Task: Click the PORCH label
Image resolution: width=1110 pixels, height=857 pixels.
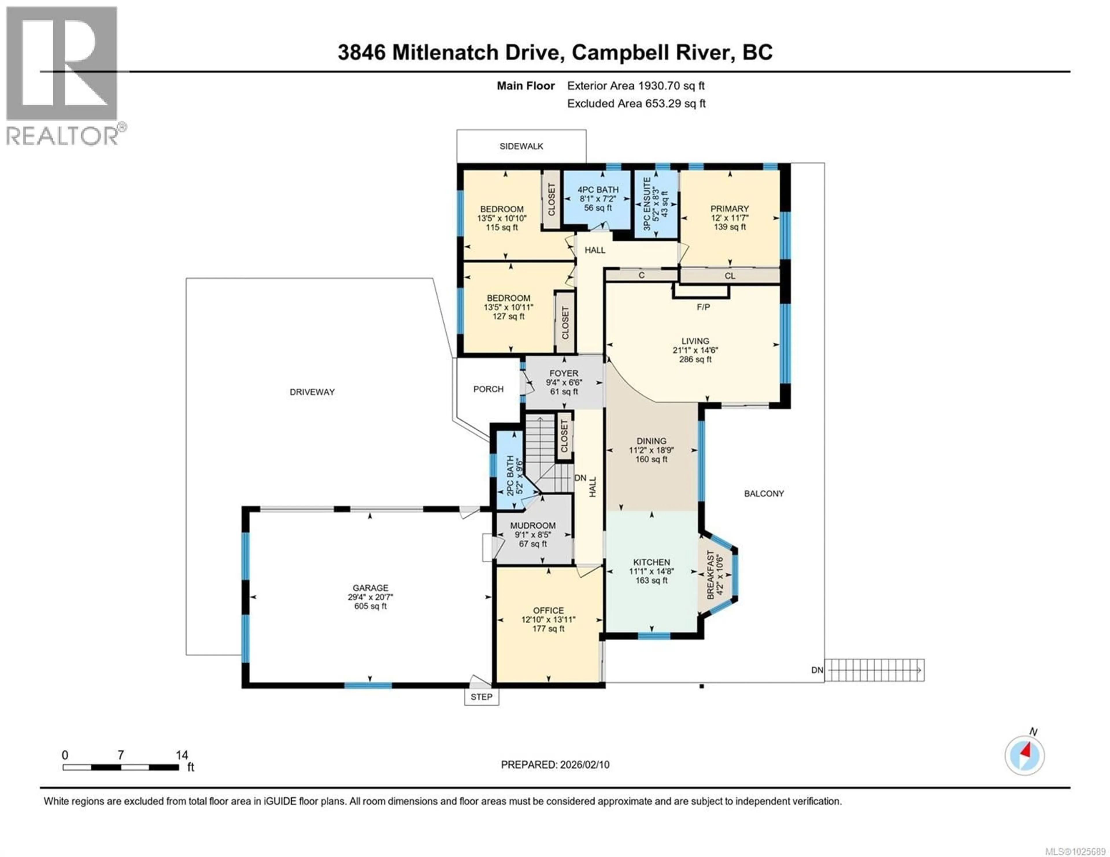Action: click(488, 389)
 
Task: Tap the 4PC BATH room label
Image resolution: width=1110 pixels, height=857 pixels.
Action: click(598, 189)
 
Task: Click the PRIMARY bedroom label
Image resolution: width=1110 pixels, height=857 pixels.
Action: click(729, 209)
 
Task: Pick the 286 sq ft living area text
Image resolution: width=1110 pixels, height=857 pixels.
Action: click(695, 359)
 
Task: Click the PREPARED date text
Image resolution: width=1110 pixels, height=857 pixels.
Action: click(555, 765)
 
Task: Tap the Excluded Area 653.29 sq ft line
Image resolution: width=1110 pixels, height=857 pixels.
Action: click(636, 104)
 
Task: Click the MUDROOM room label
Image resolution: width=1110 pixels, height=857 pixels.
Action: click(533, 526)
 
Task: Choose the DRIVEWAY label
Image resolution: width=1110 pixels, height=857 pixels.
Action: click(312, 392)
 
